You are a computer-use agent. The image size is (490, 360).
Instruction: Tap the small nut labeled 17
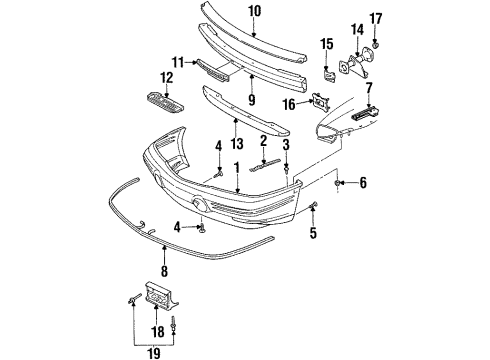(376, 46)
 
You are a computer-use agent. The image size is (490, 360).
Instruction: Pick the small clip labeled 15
(328, 73)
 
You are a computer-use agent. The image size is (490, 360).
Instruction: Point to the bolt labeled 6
(340, 184)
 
